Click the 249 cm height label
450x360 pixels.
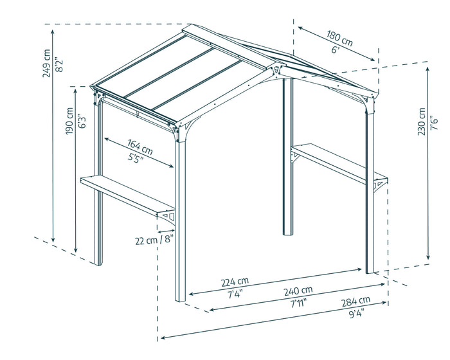pos(47,63)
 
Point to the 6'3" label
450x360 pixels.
pos(82,122)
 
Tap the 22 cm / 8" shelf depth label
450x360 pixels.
pos(154,241)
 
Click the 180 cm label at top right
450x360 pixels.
pos(339,39)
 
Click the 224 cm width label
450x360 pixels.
pos(235,282)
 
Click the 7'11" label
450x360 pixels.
pos(298,302)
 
